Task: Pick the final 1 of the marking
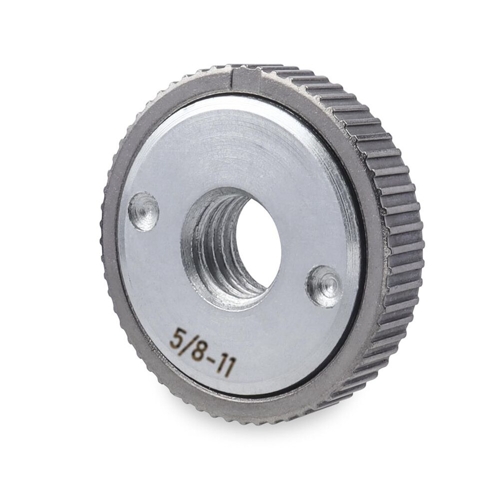point(228,369)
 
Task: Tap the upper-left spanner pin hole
point(143,207)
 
